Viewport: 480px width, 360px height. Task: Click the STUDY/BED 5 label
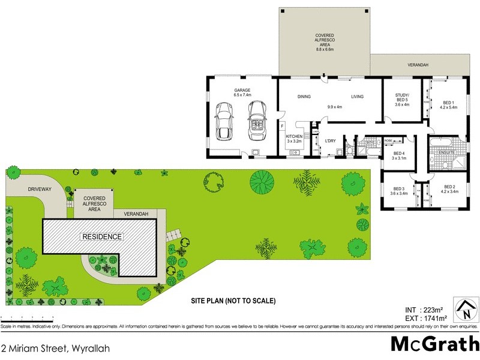[x=402, y=98]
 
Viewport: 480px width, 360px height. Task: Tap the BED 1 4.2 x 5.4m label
[x=449, y=105]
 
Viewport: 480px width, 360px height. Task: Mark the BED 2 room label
[x=449, y=190]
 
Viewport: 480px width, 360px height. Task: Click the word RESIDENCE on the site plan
[x=102, y=237]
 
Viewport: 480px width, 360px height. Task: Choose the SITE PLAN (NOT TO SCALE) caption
[x=233, y=300]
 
